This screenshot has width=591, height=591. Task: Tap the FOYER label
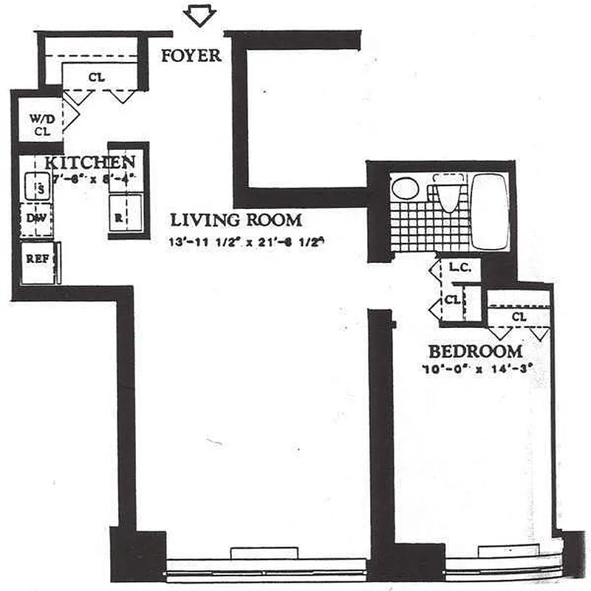[x=191, y=55]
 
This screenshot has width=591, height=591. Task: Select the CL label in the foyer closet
[x=97, y=76]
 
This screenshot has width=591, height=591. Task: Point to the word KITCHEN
[x=89, y=163]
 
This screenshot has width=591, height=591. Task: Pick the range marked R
[x=120, y=216]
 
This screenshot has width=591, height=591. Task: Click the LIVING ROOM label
[x=236, y=219]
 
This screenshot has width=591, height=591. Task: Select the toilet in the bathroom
[x=448, y=194]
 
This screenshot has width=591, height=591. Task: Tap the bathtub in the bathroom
[x=489, y=211]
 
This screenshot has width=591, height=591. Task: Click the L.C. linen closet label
[x=458, y=270]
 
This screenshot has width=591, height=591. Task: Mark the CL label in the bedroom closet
[x=518, y=317]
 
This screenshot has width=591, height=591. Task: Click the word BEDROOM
[x=475, y=352]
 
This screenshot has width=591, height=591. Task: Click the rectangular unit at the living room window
[x=264, y=553]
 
